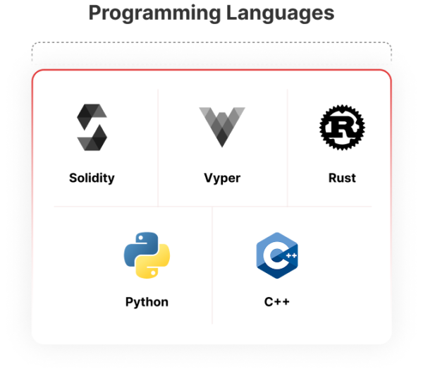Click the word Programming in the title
[x=155, y=13]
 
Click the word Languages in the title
[x=280, y=13]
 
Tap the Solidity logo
[x=92, y=127]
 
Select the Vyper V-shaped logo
[x=222, y=127]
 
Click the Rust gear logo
[x=342, y=127]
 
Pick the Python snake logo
[x=147, y=255]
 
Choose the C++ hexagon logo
[x=277, y=255]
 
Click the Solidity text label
[x=92, y=178]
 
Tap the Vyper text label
[x=222, y=178]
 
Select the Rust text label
[x=342, y=178]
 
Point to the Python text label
[x=147, y=302]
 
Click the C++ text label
[x=277, y=302]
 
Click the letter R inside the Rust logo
[x=342, y=128]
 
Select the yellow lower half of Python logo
[x=153, y=263]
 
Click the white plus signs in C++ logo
[x=291, y=255]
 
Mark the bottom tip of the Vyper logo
[x=222, y=147]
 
